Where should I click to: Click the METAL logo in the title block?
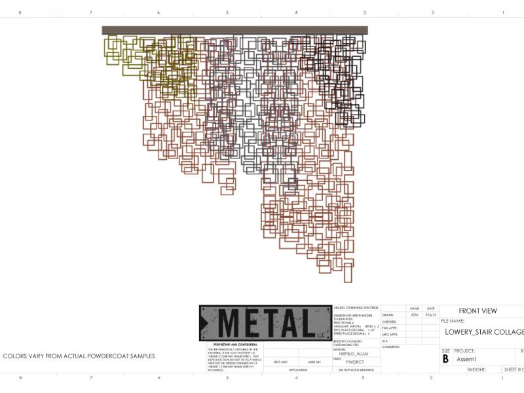coord(265,323)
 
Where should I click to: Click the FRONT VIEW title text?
coord(477,311)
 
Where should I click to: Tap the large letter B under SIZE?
coord(446,359)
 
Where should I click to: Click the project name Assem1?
coord(467,359)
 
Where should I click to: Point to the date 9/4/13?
coord(430,315)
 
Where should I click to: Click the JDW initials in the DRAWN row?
coord(414,315)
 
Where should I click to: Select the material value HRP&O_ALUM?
coord(354,354)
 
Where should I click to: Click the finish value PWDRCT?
coord(354,361)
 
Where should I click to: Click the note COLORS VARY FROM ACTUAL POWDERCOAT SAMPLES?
coord(79,356)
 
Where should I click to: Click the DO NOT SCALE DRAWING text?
coord(356,370)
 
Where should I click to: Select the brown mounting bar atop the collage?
coord(234,30)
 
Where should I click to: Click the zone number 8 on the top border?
coord(20,12)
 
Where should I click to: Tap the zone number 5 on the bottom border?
coord(227,378)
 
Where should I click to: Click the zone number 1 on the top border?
coord(502,12)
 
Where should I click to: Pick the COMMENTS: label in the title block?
coord(391,346)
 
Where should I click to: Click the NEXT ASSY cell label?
coord(280,362)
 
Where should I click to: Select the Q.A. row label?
coord(386,341)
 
